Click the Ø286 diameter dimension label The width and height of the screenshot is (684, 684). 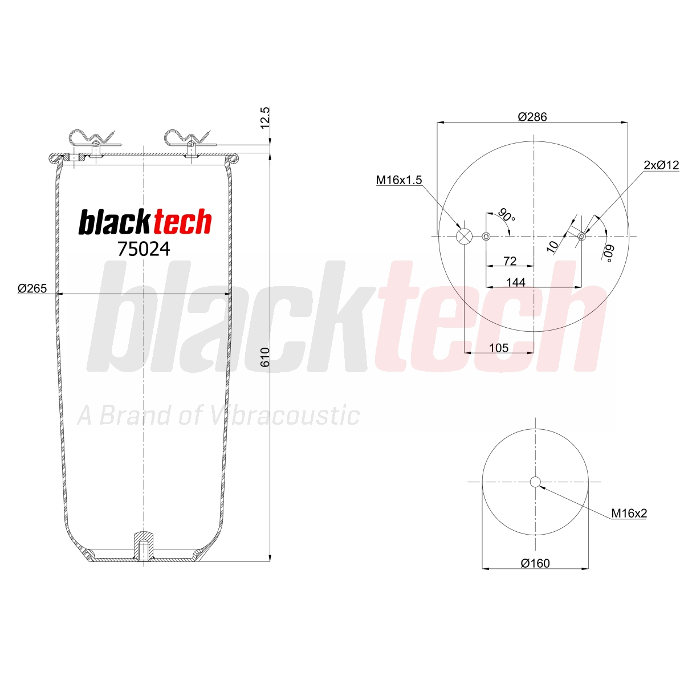coord(532,117)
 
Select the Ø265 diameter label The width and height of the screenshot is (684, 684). coord(32,288)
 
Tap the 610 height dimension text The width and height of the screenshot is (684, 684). coord(265,357)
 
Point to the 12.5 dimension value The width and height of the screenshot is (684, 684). coord(265,117)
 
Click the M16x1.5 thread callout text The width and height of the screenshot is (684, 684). coord(398,180)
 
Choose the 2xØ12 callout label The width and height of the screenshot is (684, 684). coord(661,165)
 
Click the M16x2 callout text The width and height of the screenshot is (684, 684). coord(629,513)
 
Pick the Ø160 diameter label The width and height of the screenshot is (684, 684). coord(535,563)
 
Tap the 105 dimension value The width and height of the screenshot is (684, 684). coord(499,348)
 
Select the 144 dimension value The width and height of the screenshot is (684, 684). coord(516,283)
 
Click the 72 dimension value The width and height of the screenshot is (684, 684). coord(510,261)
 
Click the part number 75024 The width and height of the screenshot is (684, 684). coord(144,249)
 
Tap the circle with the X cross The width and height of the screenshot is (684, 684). coord(465,237)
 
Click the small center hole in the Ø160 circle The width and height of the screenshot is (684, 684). coord(535,482)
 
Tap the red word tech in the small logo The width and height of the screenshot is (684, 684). coord(182,222)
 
